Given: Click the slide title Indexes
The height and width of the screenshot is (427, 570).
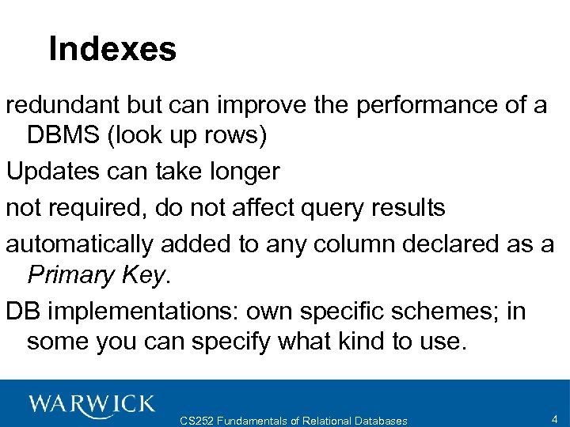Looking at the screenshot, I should click(112, 49).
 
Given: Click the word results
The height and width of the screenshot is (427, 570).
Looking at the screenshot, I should click(406, 207).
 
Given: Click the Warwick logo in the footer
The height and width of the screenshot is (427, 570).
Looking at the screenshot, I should click(92, 404).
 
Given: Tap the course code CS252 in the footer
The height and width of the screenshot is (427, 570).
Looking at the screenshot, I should click(198, 421).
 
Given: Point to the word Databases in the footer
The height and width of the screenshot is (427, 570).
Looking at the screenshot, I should click(378, 421).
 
